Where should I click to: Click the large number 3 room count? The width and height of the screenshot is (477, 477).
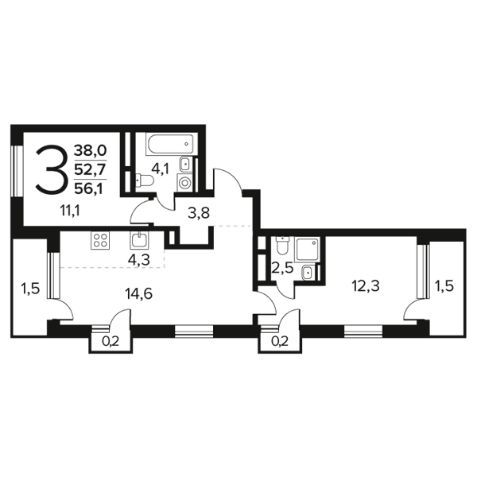[x=51, y=169]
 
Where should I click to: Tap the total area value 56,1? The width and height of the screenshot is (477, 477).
[x=88, y=189]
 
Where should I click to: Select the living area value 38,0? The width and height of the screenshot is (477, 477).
[x=90, y=150]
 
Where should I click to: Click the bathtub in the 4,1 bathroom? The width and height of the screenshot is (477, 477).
[x=169, y=144]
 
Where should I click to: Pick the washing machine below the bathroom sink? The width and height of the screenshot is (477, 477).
[x=184, y=183]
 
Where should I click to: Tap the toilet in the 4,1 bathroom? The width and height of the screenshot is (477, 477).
[x=145, y=180]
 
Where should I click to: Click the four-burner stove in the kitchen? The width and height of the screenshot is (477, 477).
[x=100, y=241]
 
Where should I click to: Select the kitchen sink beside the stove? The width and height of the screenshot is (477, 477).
[x=139, y=241]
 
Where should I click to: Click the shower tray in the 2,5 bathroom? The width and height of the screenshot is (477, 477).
[x=307, y=250]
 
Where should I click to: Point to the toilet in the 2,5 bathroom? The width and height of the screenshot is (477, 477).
[x=282, y=246]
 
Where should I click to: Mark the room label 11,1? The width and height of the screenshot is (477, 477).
[x=70, y=211]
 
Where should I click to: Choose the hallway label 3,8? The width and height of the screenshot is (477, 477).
[x=199, y=213]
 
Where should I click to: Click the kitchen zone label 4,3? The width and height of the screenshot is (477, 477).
[x=139, y=261]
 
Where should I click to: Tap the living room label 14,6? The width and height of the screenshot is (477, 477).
[x=138, y=294]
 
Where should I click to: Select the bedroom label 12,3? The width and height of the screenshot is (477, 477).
[x=366, y=286]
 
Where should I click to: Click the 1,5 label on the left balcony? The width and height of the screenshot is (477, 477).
[x=30, y=289]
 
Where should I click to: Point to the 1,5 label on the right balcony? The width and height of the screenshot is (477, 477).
[x=444, y=286]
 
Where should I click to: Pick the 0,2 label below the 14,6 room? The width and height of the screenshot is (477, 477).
[x=111, y=342]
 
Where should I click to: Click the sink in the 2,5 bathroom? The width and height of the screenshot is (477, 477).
[x=308, y=272]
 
